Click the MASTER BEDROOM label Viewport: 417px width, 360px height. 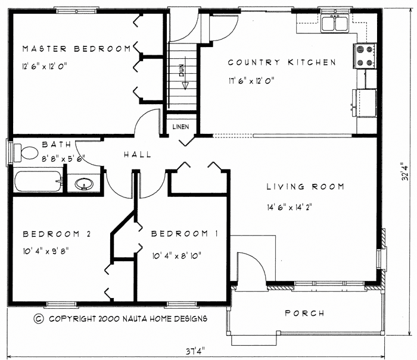[x=76, y=49]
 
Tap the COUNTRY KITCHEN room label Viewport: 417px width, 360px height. [x=282, y=62]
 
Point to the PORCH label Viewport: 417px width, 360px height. [x=304, y=313]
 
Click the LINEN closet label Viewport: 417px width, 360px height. [x=181, y=127]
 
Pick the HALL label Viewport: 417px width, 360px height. [x=137, y=155]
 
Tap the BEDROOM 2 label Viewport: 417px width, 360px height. [x=57, y=234]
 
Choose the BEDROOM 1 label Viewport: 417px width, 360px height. [x=184, y=234]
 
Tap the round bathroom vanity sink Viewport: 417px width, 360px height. [x=85, y=183]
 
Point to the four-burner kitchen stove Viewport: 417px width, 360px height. [x=365, y=55]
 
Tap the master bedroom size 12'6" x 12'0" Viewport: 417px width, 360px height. [x=44, y=67]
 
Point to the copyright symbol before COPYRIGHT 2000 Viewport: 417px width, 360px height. [x=39, y=319]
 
